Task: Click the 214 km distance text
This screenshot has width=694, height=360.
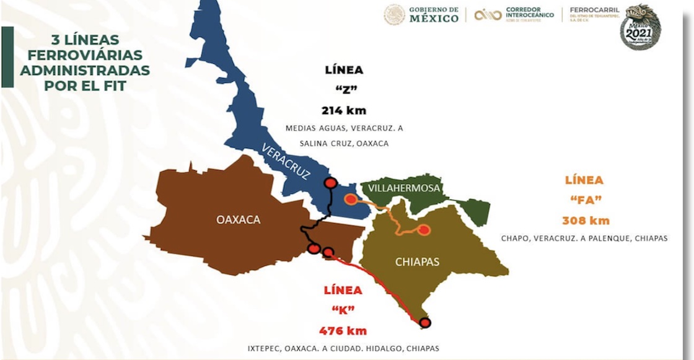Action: (x=343, y=111)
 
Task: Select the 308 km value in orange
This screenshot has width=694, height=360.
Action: (x=586, y=221)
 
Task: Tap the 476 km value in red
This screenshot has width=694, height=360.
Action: (x=343, y=330)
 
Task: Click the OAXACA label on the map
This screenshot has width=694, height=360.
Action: (x=238, y=219)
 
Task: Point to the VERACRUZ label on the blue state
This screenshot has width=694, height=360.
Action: (x=286, y=161)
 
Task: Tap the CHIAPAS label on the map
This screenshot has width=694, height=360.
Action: (x=417, y=261)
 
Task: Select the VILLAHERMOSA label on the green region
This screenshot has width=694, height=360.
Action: (x=403, y=188)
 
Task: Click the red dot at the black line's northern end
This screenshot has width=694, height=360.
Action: (x=331, y=183)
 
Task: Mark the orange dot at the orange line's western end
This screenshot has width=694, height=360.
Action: (x=351, y=200)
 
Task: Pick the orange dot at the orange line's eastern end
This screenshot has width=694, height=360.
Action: (x=424, y=230)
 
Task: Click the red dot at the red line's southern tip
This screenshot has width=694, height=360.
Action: (x=424, y=322)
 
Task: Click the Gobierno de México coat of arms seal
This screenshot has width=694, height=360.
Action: (x=394, y=15)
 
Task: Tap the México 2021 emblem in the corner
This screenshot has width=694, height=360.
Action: (x=640, y=27)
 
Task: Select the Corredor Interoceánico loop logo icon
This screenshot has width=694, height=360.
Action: (x=488, y=15)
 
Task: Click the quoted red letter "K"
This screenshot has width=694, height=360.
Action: (x=343, y=310)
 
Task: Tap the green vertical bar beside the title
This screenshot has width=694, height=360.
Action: (x=7, y=57)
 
